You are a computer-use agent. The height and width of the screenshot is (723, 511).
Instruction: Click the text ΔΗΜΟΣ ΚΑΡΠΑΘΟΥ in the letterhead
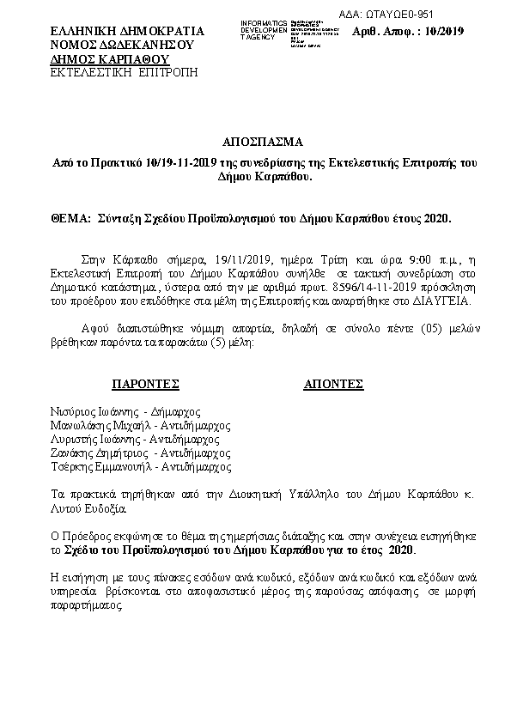[108, 58]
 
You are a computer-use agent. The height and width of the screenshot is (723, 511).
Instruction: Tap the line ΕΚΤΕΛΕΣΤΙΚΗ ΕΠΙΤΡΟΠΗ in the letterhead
[124, 72]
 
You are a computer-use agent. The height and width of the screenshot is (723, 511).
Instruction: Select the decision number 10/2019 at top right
[445, 32]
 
